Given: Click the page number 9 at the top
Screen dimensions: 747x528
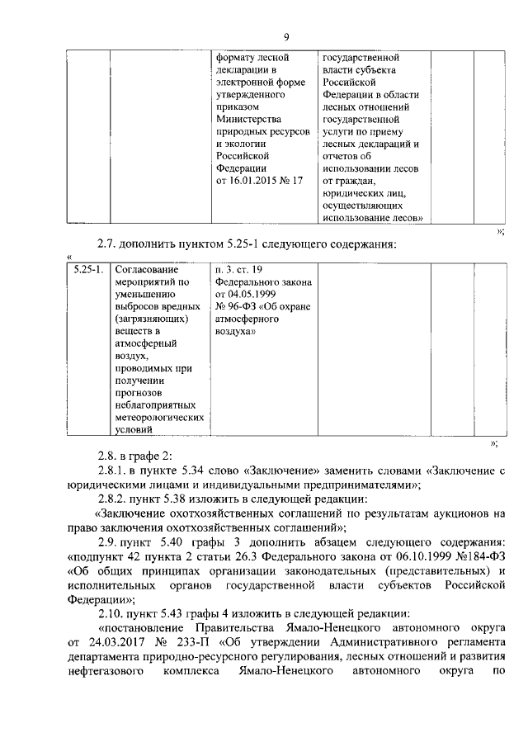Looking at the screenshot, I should pos(285,36).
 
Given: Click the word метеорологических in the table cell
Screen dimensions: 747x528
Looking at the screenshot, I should pos(158,418).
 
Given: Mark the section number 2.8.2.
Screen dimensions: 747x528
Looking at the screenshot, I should pos(113,499).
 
